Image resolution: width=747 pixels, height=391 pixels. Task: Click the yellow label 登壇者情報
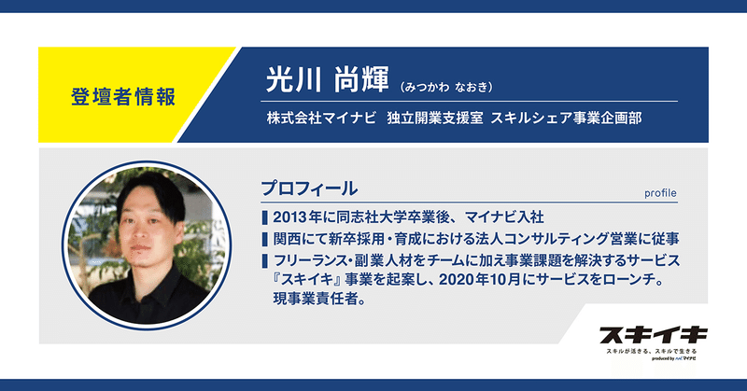click(x=123, y=96)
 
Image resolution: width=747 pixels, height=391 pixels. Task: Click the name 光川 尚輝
click(x=328, y=79)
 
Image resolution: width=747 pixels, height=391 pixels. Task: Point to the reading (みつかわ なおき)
click(x=446, y=87)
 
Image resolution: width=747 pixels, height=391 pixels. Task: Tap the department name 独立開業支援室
click(x=435, y=118)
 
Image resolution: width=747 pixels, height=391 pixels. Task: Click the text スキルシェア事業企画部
click(x=566, y=118)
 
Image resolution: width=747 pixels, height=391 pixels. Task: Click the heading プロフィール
click(x=309, y=189)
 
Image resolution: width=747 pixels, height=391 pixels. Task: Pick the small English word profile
click(x=660, y=193)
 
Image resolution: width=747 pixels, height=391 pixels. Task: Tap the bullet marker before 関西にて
click(x=264, y=239)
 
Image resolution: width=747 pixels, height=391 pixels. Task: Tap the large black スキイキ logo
click(x=654, y=335)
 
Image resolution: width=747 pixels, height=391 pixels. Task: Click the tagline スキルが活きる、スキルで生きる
click(x=651, y=351)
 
